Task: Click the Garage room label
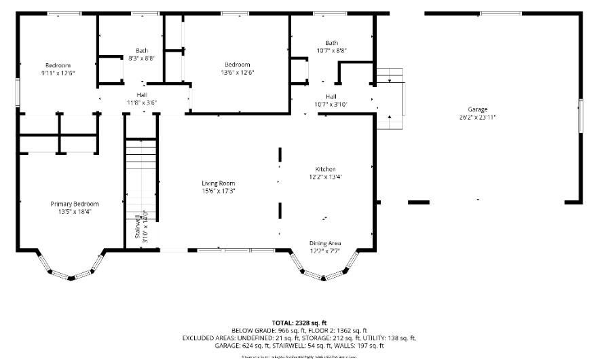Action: click(477, 109)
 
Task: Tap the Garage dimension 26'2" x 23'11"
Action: click(477, 117)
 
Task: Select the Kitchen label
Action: click(325, 169)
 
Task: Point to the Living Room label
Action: click(218, 183)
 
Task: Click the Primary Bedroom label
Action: click(75, 204)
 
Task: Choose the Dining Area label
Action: click(325, 243)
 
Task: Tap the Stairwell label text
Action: click(137, 227)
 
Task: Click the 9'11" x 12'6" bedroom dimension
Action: click(58, 72)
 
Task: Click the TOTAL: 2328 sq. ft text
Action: click(299, 323)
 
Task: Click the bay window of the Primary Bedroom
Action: click(70, 270)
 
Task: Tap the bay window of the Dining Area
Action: click(324, 271)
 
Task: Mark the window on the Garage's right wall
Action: click(580, 115)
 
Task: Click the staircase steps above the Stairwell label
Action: click(141, 163)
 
